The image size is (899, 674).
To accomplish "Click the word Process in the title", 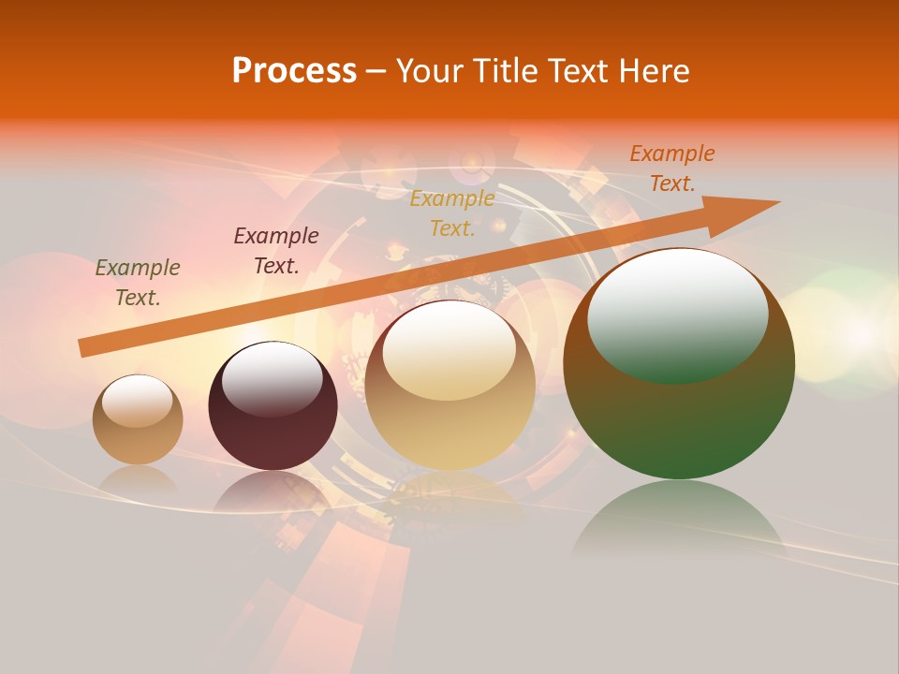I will [294, 71].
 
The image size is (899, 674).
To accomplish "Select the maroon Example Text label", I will [276, 251].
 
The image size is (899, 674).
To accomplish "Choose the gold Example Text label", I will [452, 213].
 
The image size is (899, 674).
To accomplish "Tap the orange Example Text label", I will [672, 168].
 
